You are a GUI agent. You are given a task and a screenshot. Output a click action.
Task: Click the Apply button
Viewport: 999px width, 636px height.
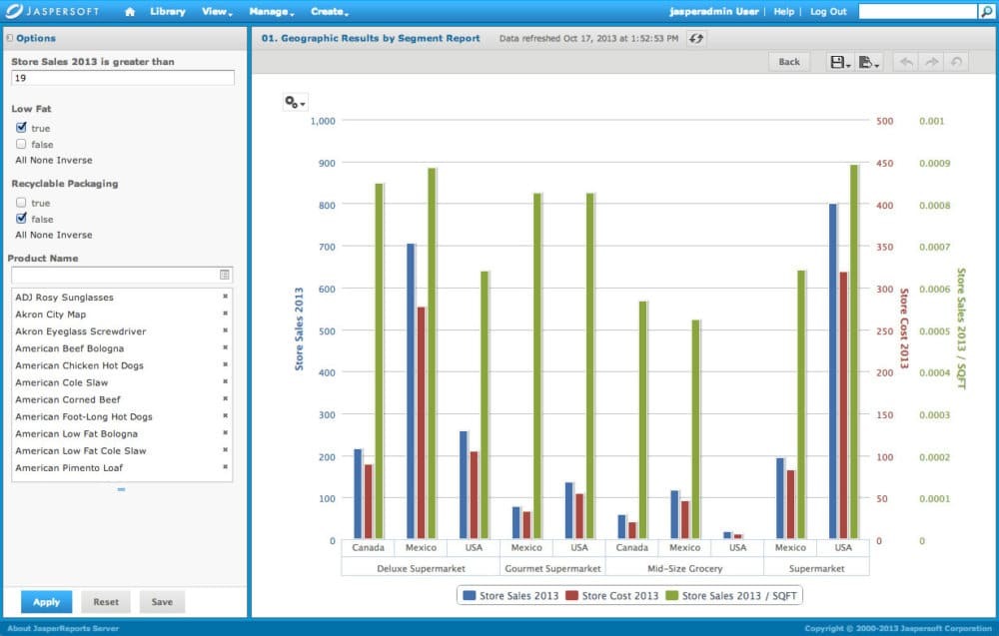pyautogui.click(x=46, y=602)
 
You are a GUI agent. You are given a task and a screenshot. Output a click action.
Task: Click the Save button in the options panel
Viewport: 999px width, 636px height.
pyautogui.click(x=162, y=602)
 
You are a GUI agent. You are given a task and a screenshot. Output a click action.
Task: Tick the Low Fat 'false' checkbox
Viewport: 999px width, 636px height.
pyautogui.click(x=21, y=144)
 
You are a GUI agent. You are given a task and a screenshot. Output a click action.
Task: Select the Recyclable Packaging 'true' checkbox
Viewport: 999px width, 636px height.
pyautogui.click(x=21, y=203)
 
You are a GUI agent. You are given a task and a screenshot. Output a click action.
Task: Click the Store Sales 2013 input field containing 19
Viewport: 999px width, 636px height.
pyautogui.click(x=122, y=78)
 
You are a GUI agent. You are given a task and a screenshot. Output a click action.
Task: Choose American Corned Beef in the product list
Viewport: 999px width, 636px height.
pyautogui.click(x=68, y=399)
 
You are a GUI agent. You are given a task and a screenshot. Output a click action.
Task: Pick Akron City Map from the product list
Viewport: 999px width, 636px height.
pyautogui.click(x=50, y=315)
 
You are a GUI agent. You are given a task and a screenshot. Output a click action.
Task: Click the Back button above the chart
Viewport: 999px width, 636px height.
pyautogui.click(x=788, y=62)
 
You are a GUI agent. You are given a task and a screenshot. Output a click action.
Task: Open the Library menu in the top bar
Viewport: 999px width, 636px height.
pyautogui.click(x=168, y=12)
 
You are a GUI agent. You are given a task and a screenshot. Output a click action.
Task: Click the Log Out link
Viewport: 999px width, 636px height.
pyautogui.click(x=827, y=12)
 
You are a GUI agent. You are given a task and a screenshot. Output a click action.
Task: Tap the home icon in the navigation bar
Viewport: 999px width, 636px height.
pyautogui.click(x=130, y=12)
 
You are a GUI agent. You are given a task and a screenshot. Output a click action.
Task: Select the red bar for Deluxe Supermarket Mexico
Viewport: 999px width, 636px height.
pyautogui.click(x=421, y=423)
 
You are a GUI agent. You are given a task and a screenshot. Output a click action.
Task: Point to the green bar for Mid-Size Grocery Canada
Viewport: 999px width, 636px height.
pyautogui.click(x=642, y=420)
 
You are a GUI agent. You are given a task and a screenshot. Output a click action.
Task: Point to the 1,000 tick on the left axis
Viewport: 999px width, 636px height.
pyautogui.click(x=324, y=121)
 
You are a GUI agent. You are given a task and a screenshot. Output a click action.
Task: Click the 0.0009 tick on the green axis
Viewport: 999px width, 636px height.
pyautogui.click(x=931, y=164)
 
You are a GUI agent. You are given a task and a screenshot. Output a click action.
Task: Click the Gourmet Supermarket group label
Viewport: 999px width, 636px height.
pyautogui.click(x=552, y=568)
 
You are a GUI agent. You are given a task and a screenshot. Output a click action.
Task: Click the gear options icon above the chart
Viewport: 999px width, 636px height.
pyautogui.click(x=294, y=102)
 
